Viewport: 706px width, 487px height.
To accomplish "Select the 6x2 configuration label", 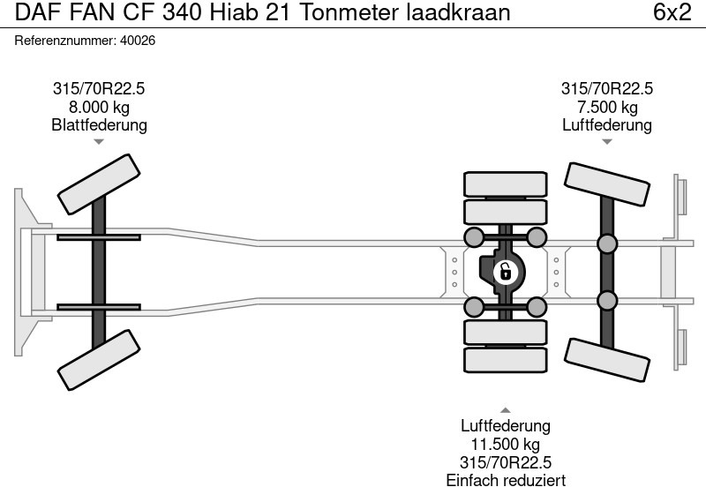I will [x=672, y=13].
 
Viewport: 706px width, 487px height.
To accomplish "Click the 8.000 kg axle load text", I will [x=99, y=107].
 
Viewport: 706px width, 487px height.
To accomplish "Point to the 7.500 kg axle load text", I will [x=606, y=107].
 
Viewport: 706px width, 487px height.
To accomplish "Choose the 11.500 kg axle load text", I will [x=505, y=445].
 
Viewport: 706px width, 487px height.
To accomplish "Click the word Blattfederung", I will [x=99, y=125].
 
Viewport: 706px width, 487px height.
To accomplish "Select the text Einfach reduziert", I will [x=505, y=479].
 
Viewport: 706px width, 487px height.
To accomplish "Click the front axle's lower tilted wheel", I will [x=100, y=356].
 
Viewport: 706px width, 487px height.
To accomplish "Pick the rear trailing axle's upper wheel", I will [x=606, y=188].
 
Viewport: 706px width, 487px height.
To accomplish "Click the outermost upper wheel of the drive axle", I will [x=505, y=184].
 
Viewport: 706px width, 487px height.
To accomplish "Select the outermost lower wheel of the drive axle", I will [x=505, y=359].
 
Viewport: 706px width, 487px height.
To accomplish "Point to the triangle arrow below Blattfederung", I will [x=99, y=141].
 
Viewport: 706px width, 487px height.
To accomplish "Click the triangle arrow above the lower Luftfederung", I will [x=505, y=409].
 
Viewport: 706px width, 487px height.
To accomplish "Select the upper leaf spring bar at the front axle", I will [x=99, y=236].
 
